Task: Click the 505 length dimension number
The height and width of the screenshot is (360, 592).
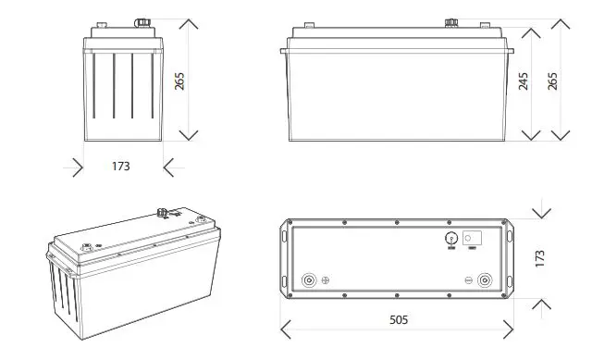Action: (398, 320)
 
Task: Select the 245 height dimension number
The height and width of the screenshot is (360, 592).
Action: (523, 81)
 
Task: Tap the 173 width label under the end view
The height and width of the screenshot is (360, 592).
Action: (120, 167)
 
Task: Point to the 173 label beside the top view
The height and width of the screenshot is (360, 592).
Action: (540, 257)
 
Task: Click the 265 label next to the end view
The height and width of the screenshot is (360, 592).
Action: (180, 81)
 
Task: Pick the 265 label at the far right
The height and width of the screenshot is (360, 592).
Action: (552, 81)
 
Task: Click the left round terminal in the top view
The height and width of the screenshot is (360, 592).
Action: (308, 279)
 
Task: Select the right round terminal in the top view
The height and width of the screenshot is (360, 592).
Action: (485, 279)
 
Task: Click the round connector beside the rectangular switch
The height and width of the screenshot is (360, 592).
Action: (451, 237)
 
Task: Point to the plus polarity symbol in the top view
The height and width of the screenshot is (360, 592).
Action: (325, 279)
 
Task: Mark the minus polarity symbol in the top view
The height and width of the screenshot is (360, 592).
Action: (469, 279)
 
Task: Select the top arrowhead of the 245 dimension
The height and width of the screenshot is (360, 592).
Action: (530, 30)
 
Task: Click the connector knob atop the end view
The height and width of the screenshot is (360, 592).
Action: (144, 19)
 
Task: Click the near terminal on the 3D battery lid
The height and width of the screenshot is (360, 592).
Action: (89, 247)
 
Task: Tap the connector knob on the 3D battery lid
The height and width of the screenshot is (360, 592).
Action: (164, 212)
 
